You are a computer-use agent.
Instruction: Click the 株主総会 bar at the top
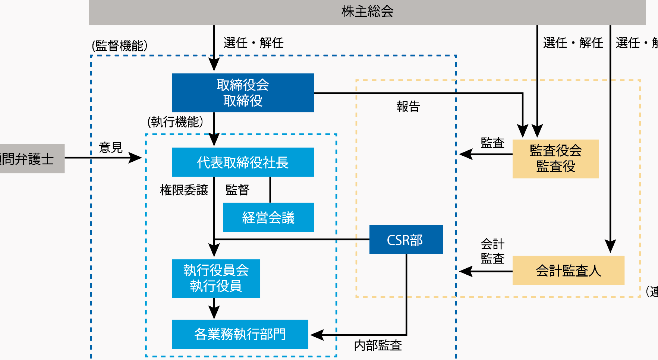(x=367, y=12)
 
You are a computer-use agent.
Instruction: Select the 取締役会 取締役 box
(x=243, y=93)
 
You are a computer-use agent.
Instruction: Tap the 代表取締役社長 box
(x=243, y=162)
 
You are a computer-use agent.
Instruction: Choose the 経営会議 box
(x=268, y=217)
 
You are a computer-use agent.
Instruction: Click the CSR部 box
(x=406, y=240)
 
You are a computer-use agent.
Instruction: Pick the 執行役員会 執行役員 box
(x=216, y=278)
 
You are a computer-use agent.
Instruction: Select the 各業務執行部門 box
(x=240, y=334)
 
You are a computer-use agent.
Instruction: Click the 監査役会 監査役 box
(x=555, y=159)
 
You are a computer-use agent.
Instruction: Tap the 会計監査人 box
(x=568, y=270)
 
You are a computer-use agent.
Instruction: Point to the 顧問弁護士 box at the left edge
(x=30, y=159)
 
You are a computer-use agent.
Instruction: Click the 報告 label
(x=408, y=107)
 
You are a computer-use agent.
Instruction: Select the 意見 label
(x=111, y=148)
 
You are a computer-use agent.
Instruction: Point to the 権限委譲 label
(x=184, y=190)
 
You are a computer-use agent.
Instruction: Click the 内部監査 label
(x=378, y=345)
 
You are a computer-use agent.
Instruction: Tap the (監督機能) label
(x=120, y=46)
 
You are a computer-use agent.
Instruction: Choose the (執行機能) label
(x=175, y=122)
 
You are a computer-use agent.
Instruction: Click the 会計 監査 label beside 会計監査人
(x=492, y=251)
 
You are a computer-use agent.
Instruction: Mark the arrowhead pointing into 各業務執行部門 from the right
(x=316, y=335)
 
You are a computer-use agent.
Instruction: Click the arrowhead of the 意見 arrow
(x=136, y=158)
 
